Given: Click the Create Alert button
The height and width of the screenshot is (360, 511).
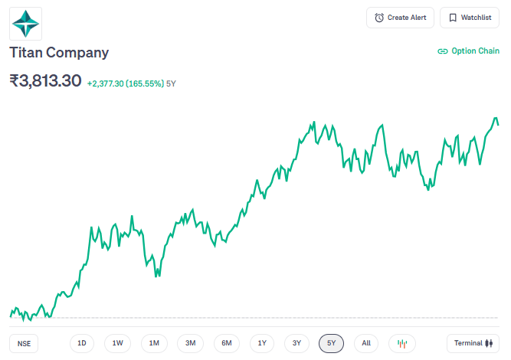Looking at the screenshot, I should pos(401,18).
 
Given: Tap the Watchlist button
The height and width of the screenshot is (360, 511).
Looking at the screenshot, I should pos(470,18).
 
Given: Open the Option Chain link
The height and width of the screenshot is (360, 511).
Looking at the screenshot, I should pos(468,51).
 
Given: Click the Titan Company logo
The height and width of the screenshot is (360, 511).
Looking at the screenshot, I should pos(26,23).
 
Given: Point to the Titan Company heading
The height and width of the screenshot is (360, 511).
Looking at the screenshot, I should pos(59,53).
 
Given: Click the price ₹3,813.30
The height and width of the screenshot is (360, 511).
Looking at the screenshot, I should pos(45,80).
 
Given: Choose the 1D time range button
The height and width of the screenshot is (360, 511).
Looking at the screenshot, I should pos(82,343).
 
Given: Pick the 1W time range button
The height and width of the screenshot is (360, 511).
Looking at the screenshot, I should pos(118,343).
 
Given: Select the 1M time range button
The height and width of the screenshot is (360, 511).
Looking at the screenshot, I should pos(154,343).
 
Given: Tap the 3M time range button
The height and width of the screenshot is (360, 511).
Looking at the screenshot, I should pos(190,343).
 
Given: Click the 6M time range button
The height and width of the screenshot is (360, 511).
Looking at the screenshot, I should pos(227,343).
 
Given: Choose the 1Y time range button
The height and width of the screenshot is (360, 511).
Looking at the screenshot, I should pos(262,343).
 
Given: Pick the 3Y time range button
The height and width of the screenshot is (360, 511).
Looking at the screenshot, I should pos(297,343).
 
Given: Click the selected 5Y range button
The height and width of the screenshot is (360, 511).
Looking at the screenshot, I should pos(332,343).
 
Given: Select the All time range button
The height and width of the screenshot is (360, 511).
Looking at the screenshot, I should pos(366,343).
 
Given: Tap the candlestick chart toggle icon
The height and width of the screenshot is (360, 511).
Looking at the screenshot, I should pos(402,343).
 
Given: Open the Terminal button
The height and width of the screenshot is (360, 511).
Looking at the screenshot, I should pos(473,343).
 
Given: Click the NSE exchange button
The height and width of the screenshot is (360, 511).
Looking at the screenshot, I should pos(25,343).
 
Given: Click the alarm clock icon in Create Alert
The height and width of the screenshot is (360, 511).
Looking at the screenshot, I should pos(379,18).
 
